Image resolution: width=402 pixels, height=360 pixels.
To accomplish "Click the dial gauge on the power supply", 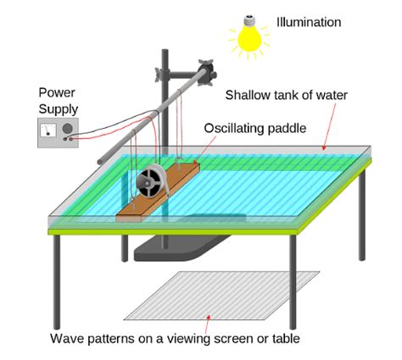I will [x=47, y=129].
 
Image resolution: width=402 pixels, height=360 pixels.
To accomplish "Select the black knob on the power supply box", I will [x=67, y=128].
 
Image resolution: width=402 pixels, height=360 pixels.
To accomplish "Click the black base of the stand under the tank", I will [x=170, y=251].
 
